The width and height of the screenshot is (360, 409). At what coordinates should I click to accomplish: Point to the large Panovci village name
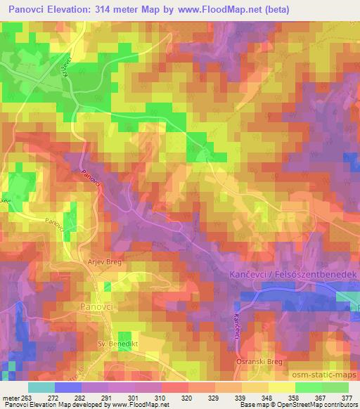click(x=97, y=307)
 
